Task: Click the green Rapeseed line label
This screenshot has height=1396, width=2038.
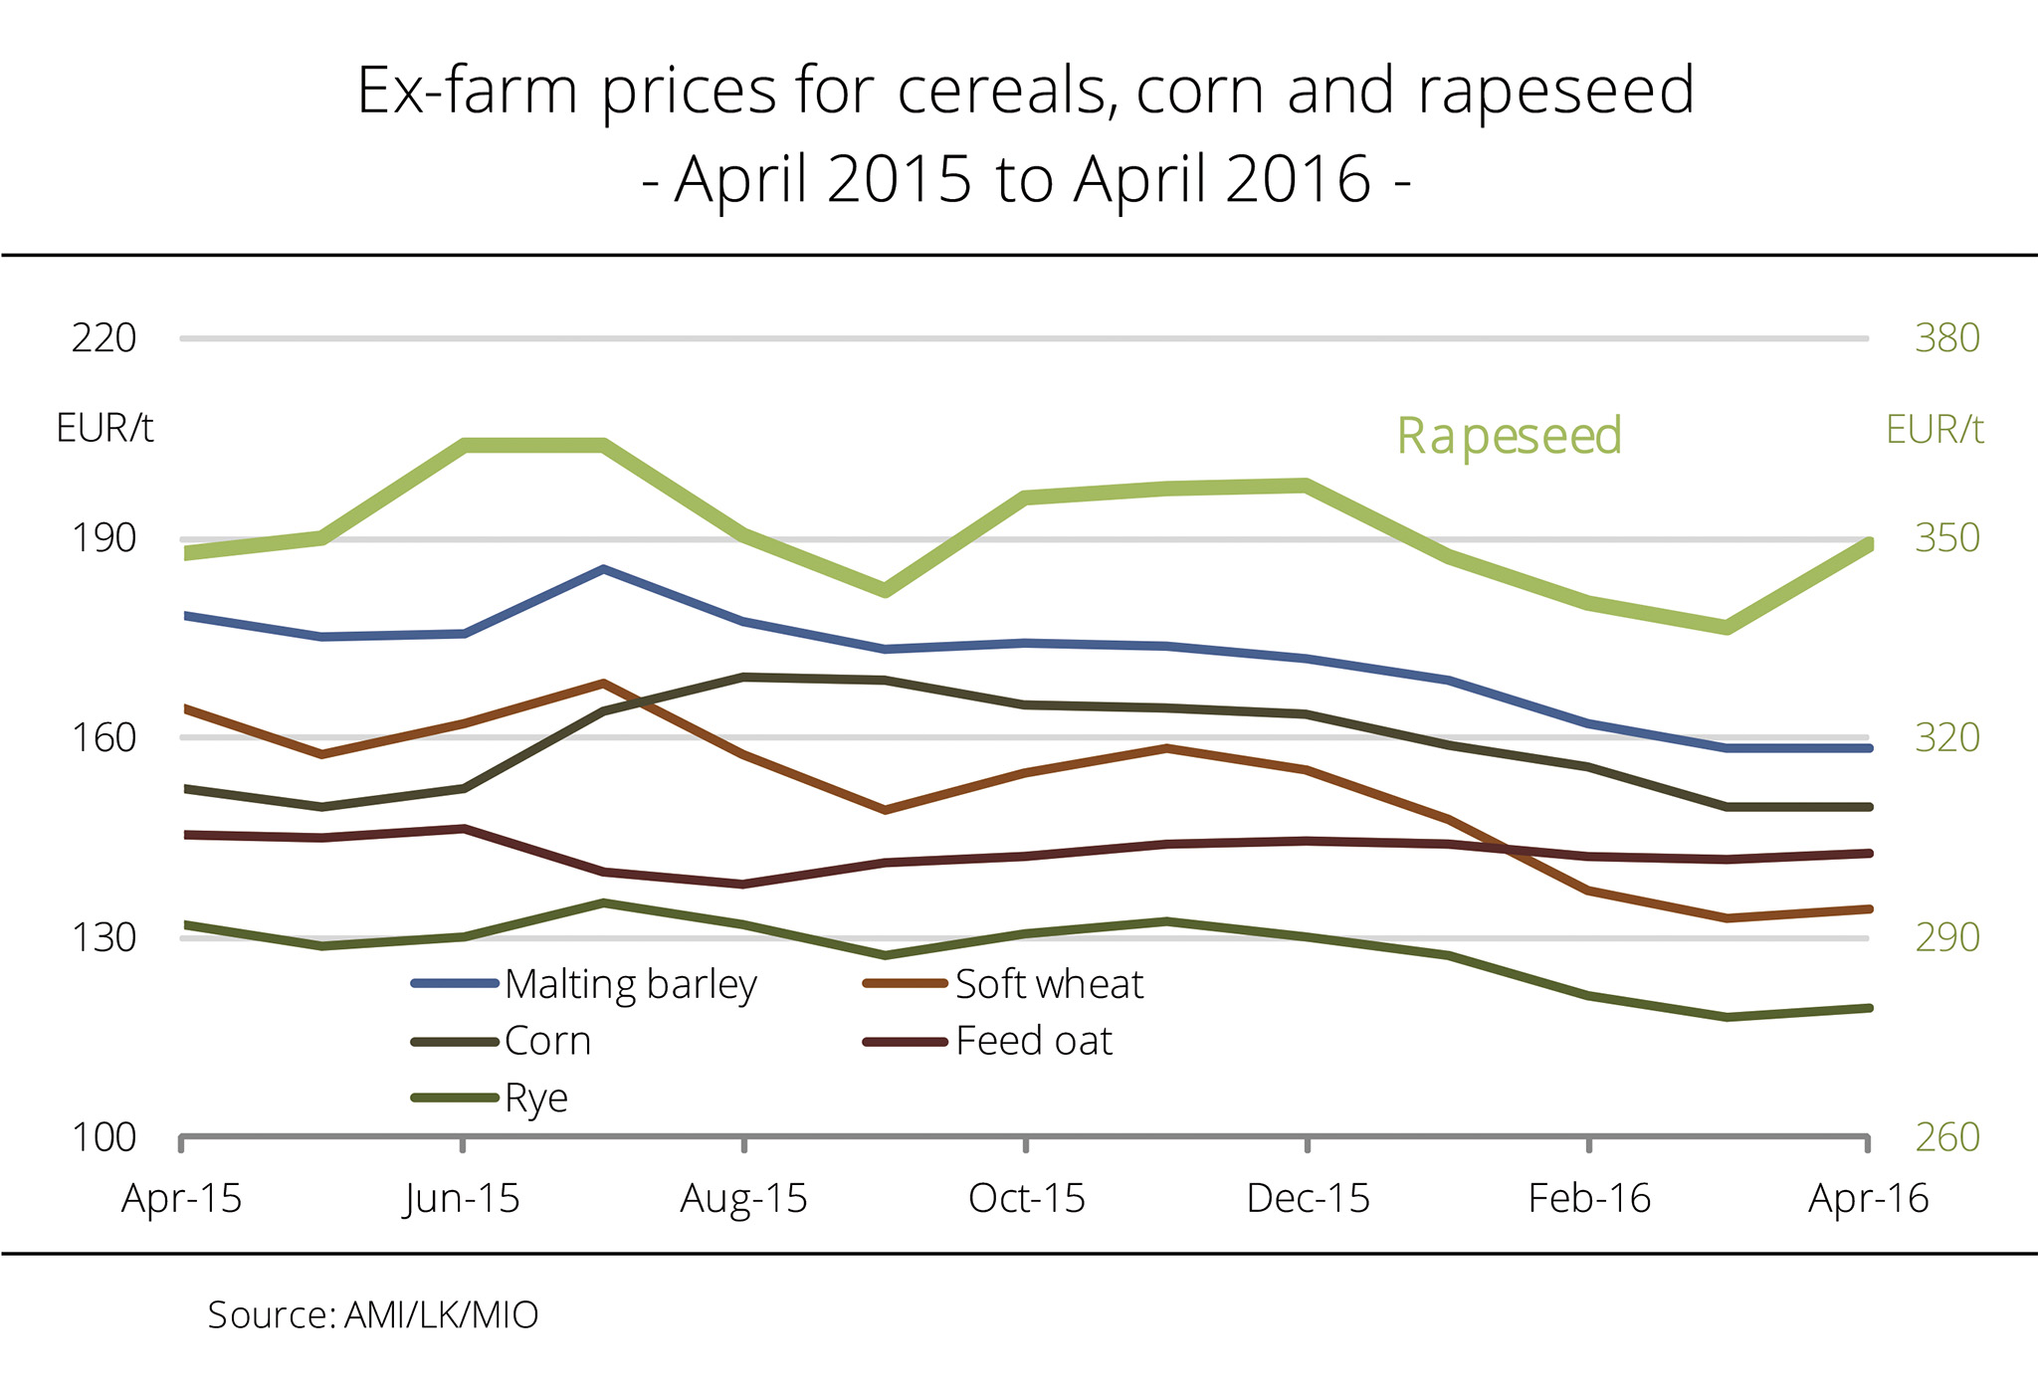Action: click(x=1509, y=436)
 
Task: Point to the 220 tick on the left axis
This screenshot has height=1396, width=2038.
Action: click(x=103, y=338)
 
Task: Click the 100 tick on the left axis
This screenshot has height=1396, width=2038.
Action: click(x=103, y=1136)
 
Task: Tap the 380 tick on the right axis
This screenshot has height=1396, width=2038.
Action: click(x=1946, y=338)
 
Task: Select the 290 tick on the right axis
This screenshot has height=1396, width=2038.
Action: click(x=1946, y=937)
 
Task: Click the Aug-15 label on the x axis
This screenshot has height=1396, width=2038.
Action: click(x=743, y=1198)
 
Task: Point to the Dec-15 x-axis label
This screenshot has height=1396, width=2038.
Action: click(x=1308, y=1198)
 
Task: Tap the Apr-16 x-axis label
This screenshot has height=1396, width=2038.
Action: click(x=1868, y=1198)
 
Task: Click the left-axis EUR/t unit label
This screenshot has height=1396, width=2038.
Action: click(x=104, y=428)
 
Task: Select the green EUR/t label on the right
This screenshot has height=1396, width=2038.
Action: click(x=1935, y=430)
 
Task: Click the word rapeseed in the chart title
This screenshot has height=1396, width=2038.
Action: click(x=1555, y=92)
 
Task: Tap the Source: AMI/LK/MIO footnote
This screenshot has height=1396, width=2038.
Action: click(x=372, y=1314)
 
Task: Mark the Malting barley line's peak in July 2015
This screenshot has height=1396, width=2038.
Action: click(x=603, y=569)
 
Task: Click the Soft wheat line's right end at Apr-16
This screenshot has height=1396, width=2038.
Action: click(x=1869, y=908)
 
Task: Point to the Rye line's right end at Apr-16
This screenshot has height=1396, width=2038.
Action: click(x=1869, y=1008)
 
